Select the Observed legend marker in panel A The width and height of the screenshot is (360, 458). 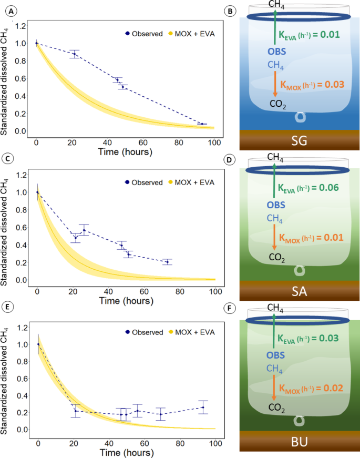point(128,34)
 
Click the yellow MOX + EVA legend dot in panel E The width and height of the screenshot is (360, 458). point(171,331)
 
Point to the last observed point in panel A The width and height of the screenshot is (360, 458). point(202,124)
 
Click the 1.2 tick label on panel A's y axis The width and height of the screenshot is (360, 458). point(20,25)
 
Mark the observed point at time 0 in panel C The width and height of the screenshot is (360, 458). point(37,192)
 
